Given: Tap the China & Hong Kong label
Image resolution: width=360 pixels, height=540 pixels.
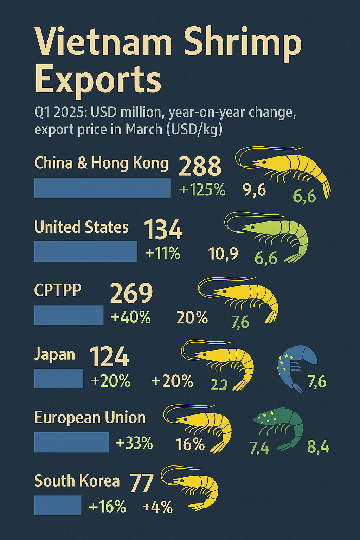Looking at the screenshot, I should [101, 163].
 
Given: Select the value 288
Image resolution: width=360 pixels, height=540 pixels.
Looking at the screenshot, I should [200, 166].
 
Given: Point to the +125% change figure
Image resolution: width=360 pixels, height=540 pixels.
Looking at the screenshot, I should [202, 190].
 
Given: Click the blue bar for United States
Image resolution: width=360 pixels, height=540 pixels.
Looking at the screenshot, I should [86, 251].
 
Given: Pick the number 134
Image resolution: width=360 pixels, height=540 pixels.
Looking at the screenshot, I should [163, 230].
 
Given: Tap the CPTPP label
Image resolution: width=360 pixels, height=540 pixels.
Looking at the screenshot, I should [58, 290].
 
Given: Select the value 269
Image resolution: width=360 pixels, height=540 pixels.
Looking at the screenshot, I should [131, 293].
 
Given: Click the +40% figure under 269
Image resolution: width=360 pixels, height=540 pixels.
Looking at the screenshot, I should [130, 317].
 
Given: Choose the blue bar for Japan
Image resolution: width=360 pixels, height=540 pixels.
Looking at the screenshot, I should [59, 379].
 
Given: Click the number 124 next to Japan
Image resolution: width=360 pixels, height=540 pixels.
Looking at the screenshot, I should [109, 357].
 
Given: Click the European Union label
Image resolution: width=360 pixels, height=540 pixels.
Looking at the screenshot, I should [90, 418].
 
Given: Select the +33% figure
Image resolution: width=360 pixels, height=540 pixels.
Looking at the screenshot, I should [134, 444].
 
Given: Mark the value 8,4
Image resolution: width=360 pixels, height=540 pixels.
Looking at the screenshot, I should [318, 447].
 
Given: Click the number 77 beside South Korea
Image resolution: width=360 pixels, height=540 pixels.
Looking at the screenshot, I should [142, 483].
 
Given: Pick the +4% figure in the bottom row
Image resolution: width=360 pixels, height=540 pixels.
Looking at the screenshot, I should [158, 507].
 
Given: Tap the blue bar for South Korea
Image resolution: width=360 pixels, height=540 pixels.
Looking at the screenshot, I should [58, 506].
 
